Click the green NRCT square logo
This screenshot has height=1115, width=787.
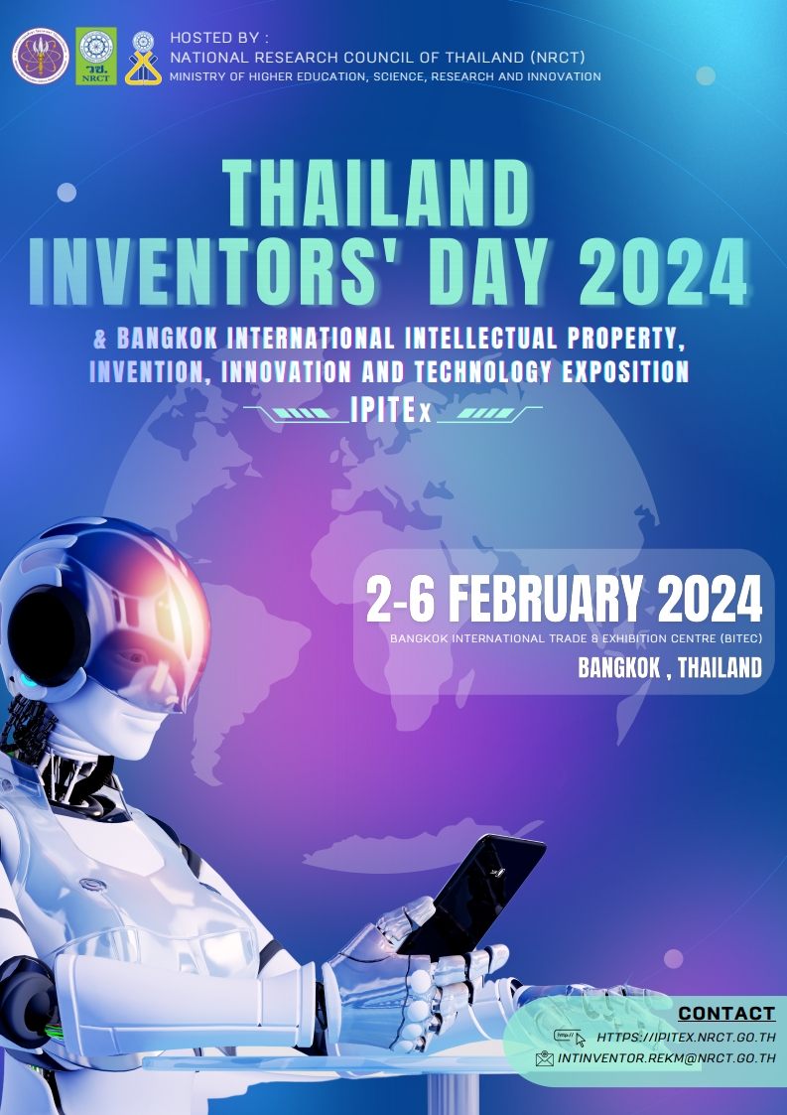click(96, 57)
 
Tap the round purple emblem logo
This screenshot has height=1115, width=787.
click(42, 57)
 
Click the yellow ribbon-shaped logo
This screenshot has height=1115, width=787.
click(143, 59)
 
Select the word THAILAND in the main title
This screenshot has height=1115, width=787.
click(377, 194)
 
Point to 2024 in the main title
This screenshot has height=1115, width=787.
click(663, 272)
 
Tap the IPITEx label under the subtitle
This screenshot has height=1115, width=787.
click(391, 410)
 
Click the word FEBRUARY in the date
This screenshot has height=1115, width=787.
click(545, 599)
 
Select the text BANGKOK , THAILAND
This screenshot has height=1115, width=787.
click(670, 668)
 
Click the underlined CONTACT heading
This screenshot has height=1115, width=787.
click(726, 1014)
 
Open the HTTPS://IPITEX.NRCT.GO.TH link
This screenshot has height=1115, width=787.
click(686, 1038)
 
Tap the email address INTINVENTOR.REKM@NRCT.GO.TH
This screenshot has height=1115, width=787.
click(666, 1058)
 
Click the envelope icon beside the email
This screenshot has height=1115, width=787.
click(545, 1058)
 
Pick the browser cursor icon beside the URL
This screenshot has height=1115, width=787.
click(570, 1039)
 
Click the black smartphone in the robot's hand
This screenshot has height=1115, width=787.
click(472, 894)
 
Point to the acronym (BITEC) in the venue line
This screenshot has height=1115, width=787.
click(740, 638)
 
